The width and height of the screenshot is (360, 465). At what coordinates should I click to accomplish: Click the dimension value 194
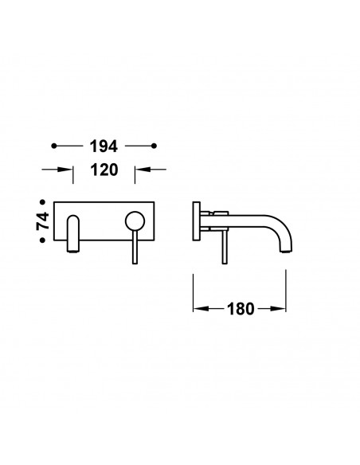104,147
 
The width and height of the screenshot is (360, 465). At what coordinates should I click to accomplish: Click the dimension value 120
104,170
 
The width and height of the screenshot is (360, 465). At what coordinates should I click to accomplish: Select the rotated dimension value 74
43,221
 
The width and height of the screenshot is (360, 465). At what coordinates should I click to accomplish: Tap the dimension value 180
241,309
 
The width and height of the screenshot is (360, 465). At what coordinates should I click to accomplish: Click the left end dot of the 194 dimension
53,146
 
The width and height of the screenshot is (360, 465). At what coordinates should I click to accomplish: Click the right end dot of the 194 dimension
154,146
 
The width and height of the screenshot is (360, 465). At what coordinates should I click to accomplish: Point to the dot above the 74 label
43,202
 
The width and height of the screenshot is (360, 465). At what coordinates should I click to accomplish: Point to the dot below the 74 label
43,240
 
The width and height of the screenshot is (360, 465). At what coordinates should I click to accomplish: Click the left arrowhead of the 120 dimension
65,170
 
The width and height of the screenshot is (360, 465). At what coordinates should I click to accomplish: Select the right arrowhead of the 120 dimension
143,170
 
